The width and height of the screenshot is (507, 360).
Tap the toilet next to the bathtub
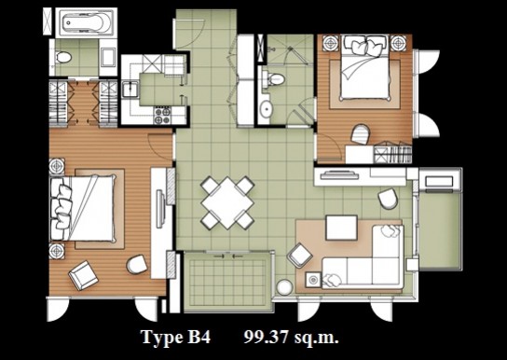point(62,58)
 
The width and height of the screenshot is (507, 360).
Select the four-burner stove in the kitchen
point(162,116)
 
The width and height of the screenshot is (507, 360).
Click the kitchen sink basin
point(130,89)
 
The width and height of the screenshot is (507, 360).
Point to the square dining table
point(227,203)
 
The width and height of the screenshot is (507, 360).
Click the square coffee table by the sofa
point(341,228)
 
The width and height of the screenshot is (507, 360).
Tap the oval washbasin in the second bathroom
point(267,109)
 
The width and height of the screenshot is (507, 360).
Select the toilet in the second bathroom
point(274,79)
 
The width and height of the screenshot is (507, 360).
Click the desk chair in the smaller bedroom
point(360,134)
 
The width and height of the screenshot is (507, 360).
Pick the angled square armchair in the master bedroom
point(84,275)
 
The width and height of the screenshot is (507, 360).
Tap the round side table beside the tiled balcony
point(285,287)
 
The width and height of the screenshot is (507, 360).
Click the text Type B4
point(175,337)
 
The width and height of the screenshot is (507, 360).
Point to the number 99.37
point(266,338)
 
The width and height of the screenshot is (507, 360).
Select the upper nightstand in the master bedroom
point(57,167)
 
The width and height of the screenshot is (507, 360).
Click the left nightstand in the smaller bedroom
point(331,43)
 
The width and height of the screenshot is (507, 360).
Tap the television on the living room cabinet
point(339,175)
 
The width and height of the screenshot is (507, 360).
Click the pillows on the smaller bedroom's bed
point(365,46)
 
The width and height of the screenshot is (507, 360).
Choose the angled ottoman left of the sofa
point(300,256)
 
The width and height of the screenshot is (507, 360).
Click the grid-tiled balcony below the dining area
point(227,282)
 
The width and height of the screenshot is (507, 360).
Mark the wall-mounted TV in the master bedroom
point(159,209)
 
